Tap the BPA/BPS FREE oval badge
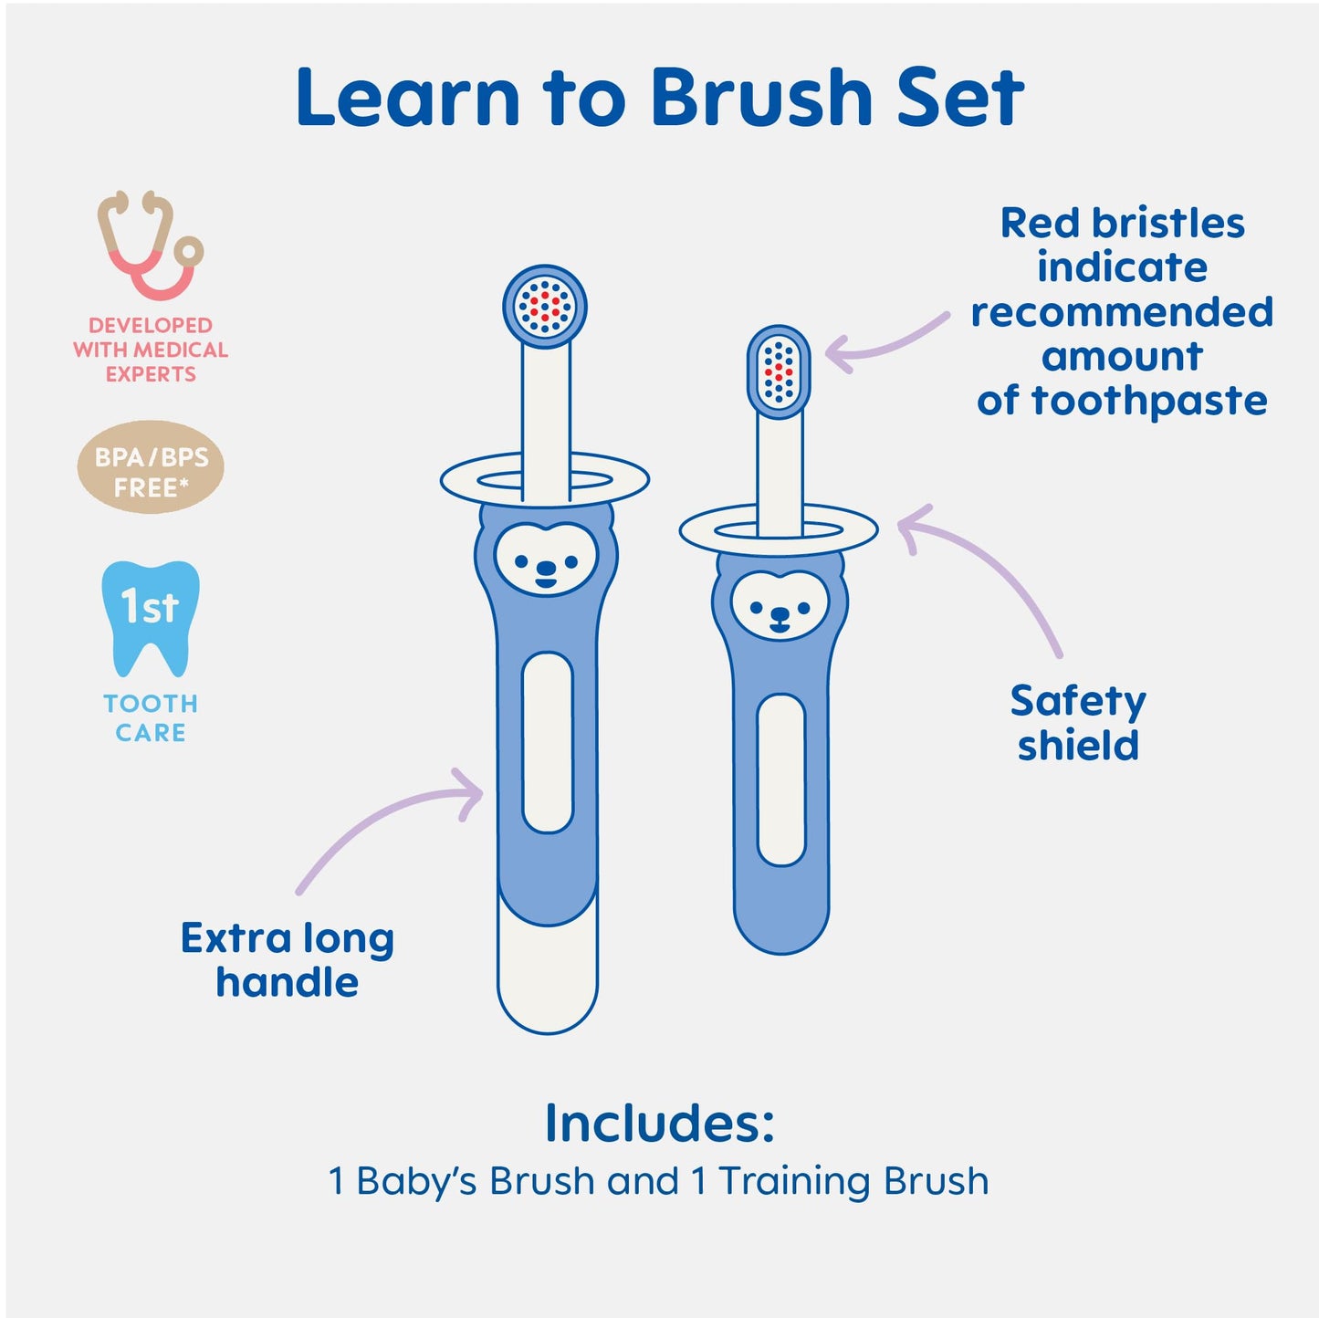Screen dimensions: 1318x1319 (x=151, y=467)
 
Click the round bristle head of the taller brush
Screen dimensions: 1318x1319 (x=545, y=306)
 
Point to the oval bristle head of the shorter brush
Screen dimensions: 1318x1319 (x=779, y=371)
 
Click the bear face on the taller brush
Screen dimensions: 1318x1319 (x=546, y=559)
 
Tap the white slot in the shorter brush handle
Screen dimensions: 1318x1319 (x=781, y=779)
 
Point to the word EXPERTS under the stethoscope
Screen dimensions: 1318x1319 (x=151, y=374)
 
